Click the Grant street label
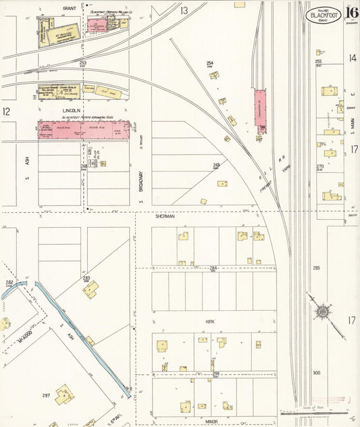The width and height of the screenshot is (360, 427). click(x=69, y=9)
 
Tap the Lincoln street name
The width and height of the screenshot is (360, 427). click(x=71, y=109)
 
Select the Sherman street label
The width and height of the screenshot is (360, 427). click(x=165, y=216)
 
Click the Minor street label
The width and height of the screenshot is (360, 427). click(x=211, y=420)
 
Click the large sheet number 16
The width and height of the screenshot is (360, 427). click(x=351, y=11)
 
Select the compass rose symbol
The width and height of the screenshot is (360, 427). click(x=323, y=311)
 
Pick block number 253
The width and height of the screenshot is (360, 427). click(x=82, y=62)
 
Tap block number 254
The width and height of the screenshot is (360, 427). click(x=210, y=64)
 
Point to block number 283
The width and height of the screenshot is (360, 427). click(x=86, y=278)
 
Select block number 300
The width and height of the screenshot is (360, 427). click(x=316, y=372)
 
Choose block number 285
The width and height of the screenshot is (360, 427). click(x=316, y=268)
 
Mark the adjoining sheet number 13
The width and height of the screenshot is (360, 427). click(x=184, y=11)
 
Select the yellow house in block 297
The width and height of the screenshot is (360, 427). click(x=64, y=395)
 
